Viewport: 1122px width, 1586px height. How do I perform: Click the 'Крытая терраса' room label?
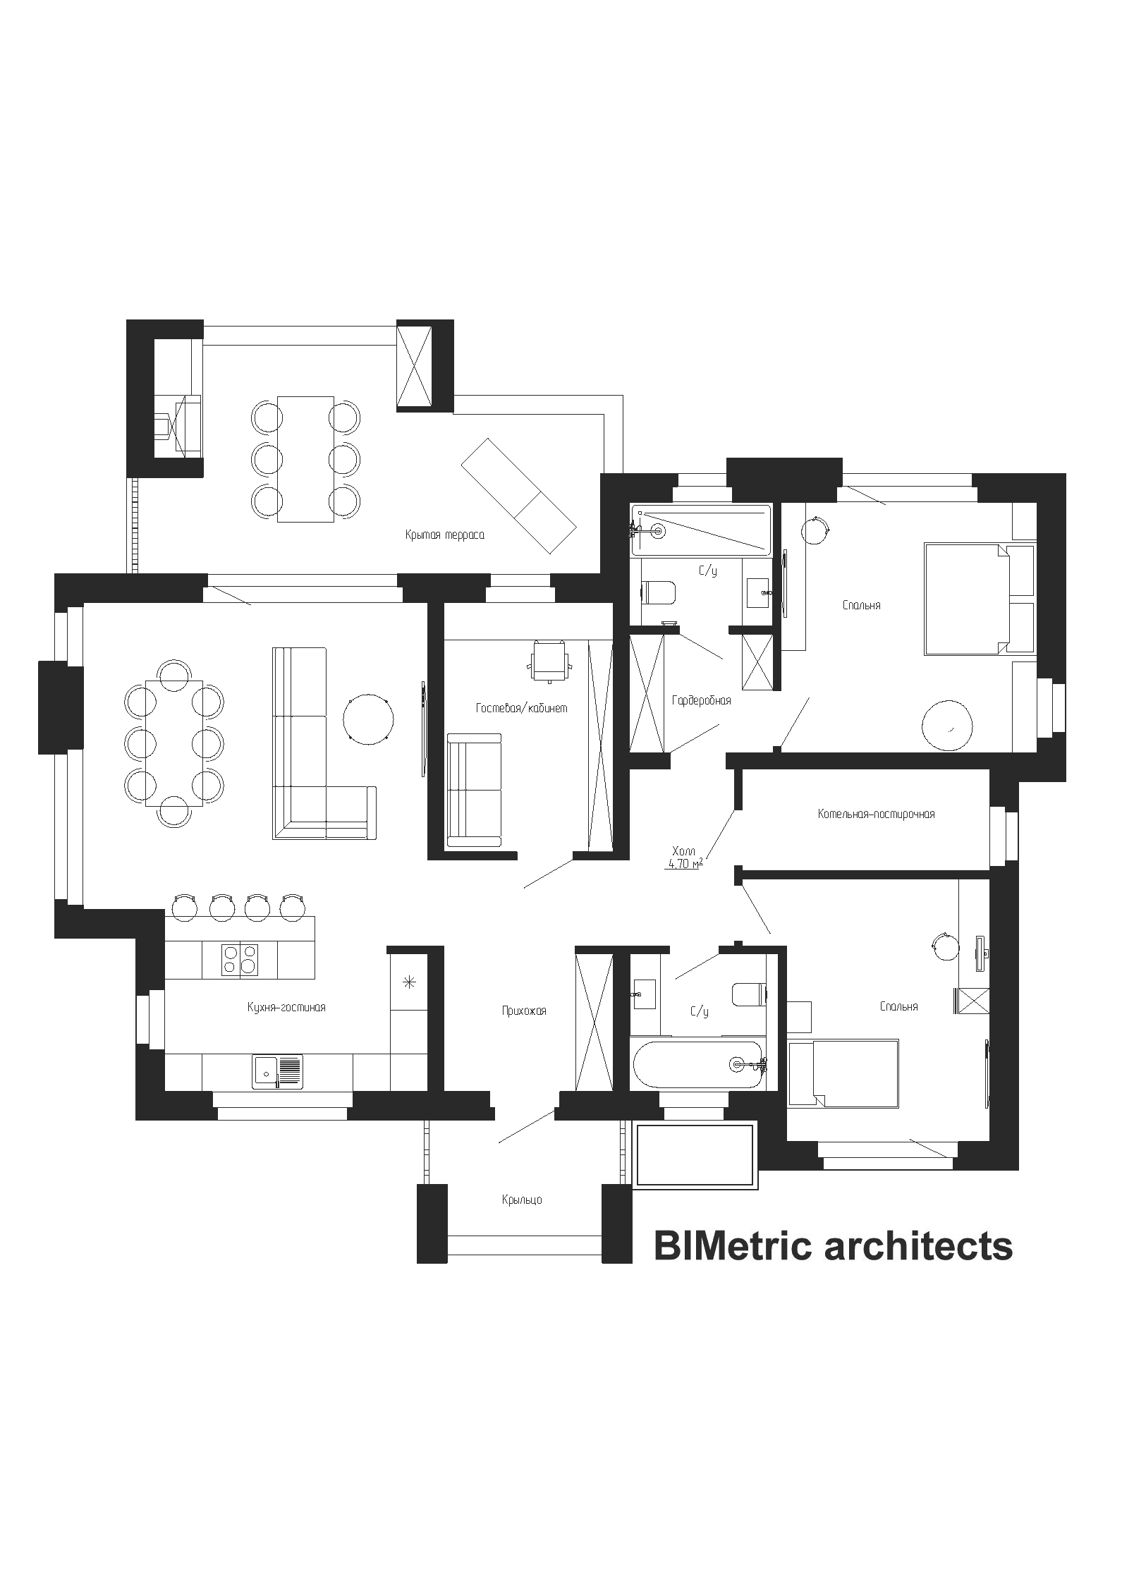444,535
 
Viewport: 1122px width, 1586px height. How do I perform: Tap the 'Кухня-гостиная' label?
286,1008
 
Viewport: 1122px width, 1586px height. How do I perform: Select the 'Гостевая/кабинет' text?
521,708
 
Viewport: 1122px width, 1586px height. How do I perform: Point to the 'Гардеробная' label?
701,701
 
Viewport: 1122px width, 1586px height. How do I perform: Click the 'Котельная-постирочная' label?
876,814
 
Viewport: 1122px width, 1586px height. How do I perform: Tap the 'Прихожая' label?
524,1011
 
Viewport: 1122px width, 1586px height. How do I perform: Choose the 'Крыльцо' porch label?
522,1200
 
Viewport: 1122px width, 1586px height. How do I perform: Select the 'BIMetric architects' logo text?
833,1246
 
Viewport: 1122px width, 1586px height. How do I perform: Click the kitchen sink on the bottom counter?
277,1073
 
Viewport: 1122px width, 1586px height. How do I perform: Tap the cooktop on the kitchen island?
240,959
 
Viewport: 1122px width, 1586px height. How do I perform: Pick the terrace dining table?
305,459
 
